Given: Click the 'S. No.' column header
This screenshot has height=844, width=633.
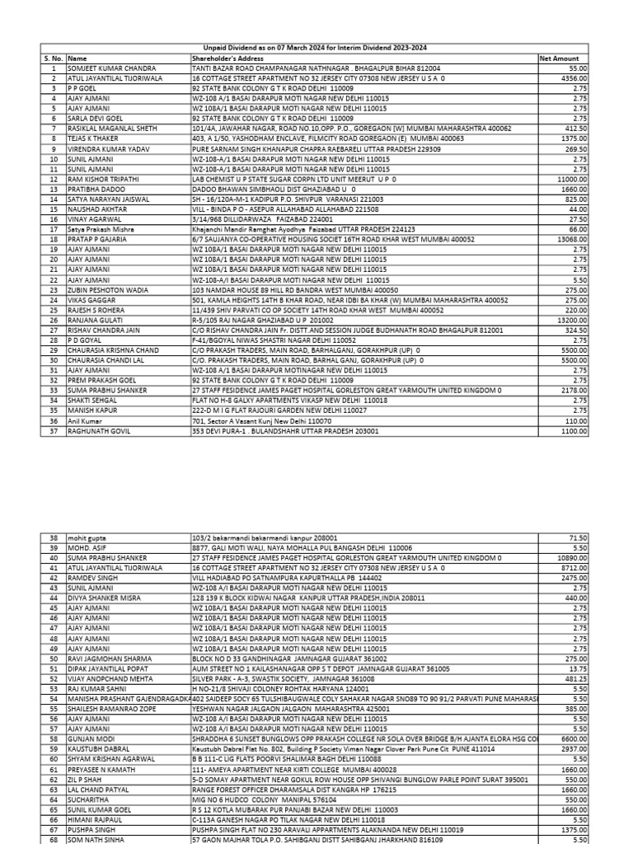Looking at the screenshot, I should coord(53,59).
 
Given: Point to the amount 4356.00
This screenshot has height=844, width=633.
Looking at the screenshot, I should coord(570,77).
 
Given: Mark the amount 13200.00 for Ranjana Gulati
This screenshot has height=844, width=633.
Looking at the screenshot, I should coord(569,317).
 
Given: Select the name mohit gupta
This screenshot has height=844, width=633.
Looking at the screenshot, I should coord(87,537).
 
